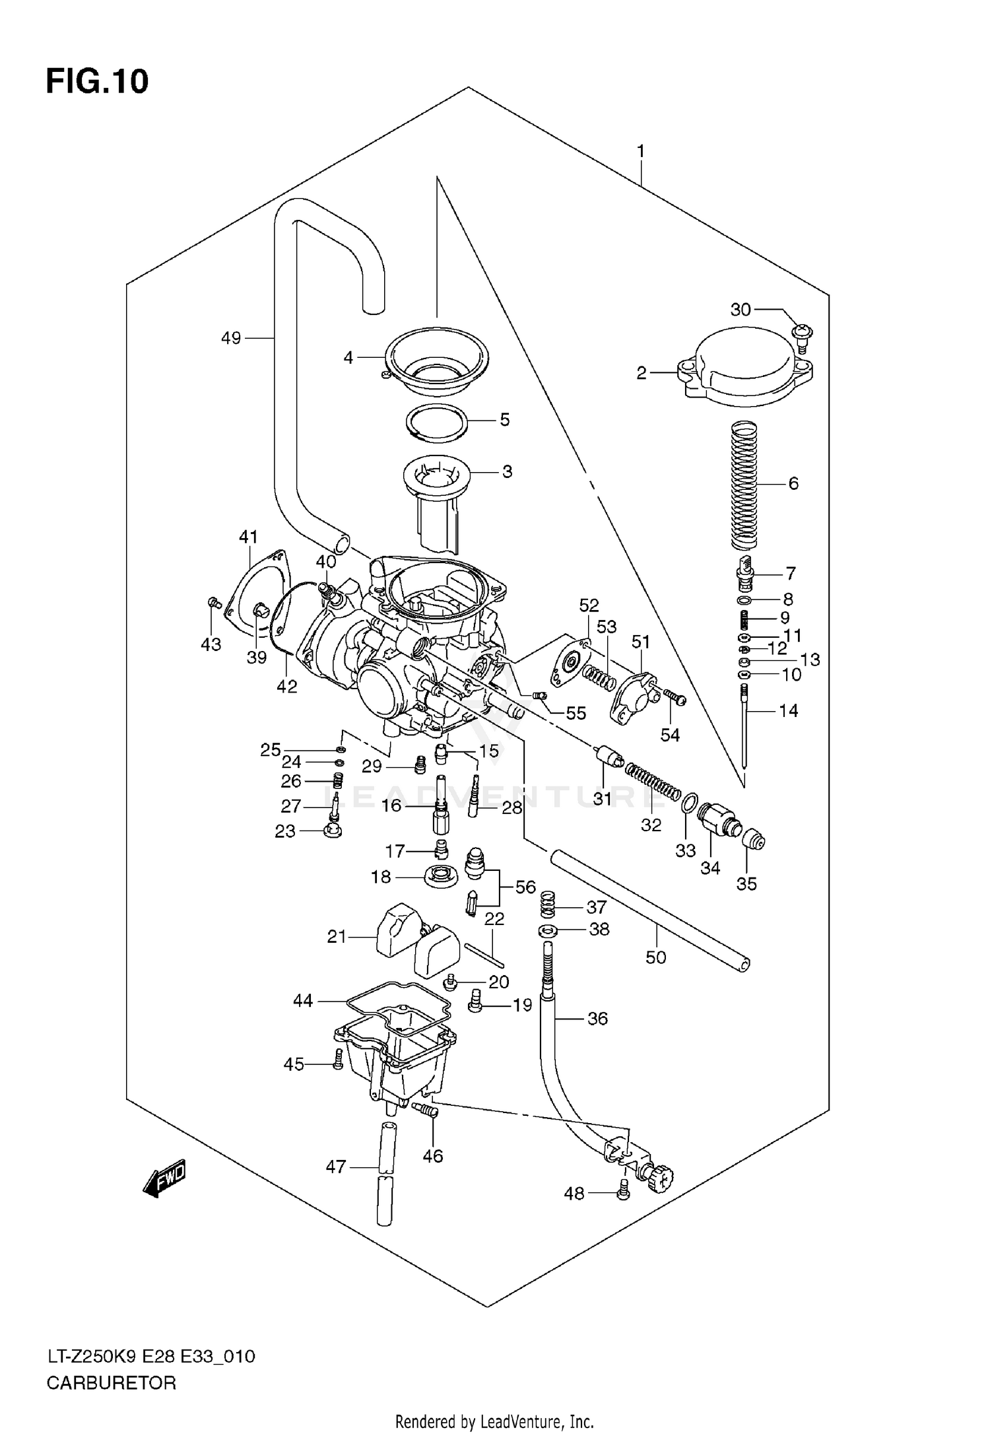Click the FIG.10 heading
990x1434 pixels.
tap(97, 81)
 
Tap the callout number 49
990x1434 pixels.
tap(231, 339)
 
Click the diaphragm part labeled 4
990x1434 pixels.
tap(437, 358)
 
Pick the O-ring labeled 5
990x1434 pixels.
tap(437, 421)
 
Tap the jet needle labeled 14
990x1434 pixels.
tap(744, 726)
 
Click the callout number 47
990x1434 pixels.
tap(336, 1167)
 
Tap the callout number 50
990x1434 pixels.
tap(655, 957)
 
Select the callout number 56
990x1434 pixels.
tap(525, 887)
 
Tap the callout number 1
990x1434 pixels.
tap(640, 152)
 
